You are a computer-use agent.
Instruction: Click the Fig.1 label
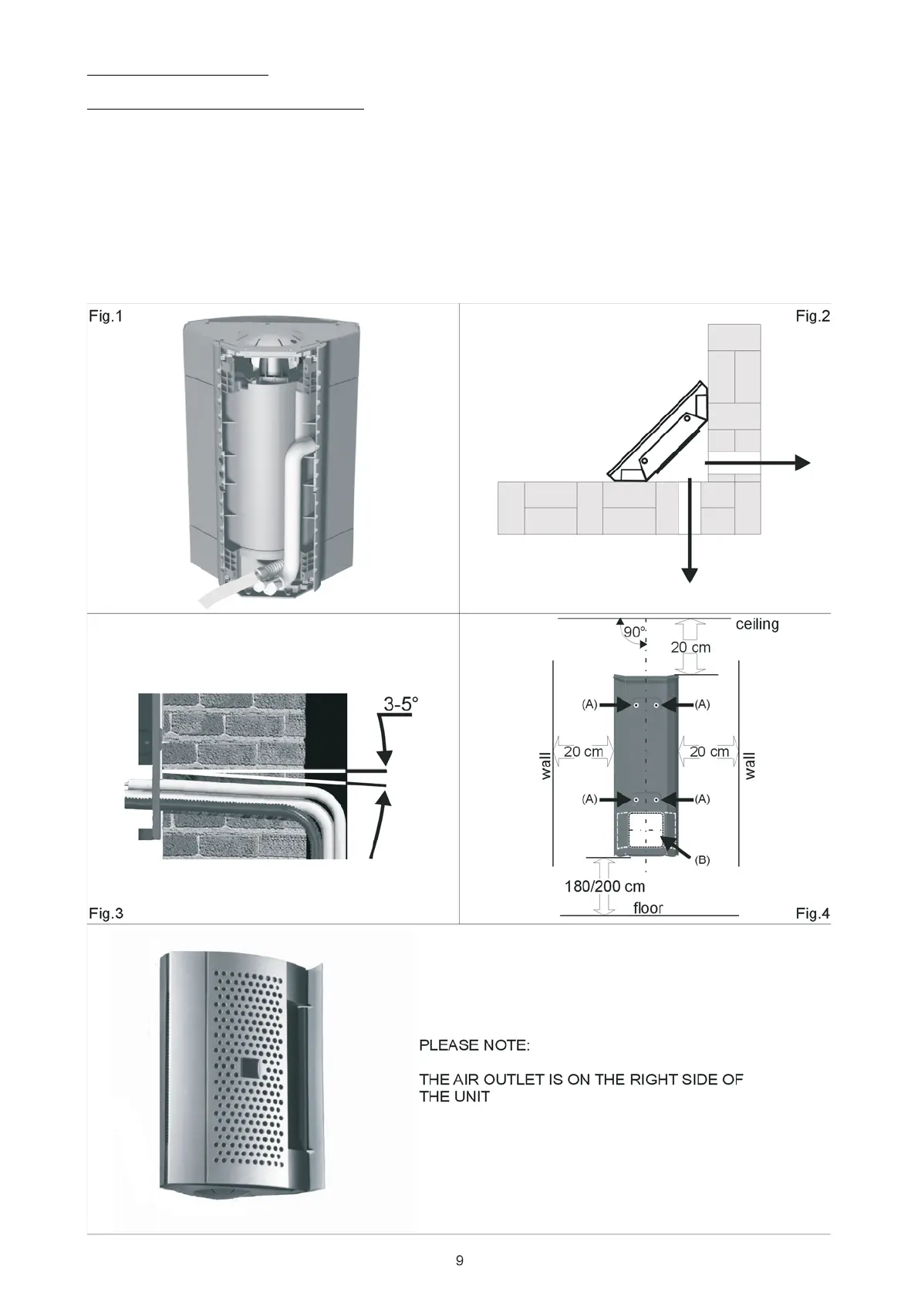106,316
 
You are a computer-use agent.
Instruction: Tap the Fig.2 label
812,316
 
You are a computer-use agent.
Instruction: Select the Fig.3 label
106,914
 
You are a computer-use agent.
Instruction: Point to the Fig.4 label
812,914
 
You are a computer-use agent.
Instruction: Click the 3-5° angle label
401,703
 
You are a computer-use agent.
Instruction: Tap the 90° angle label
634,632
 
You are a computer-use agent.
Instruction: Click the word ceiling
757,624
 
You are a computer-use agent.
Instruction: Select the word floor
648,908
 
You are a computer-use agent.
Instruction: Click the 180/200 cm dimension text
605,886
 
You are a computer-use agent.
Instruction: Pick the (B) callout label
702,860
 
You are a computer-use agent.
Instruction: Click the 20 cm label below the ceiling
690,647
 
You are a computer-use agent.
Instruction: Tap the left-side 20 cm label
583,751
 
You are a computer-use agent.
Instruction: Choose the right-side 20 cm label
709,751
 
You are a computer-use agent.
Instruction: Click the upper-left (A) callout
589,704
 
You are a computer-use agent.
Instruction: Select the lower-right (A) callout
702,799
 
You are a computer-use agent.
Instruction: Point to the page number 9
460,1260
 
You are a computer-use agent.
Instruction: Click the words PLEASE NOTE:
474,1046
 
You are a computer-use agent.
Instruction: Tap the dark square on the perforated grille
251,1068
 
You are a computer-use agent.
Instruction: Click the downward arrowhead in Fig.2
690,575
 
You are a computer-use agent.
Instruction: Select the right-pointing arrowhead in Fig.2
802,462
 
